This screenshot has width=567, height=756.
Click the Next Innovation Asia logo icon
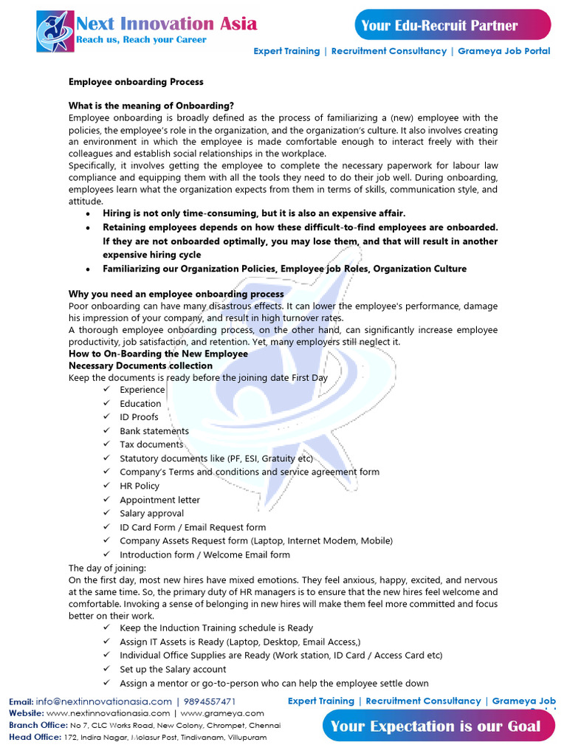pos(55,31)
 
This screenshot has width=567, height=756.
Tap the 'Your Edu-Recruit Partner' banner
pos(439,26)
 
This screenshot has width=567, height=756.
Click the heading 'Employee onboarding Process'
pos(136,81)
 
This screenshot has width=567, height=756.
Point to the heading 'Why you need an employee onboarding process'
pos(176,294)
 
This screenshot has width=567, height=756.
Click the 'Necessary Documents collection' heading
pos(140,365)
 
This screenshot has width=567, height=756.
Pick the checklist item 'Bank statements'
pos(154,431)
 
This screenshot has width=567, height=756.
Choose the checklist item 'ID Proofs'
pos(139,417)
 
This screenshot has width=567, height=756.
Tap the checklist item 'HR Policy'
pos(140,486)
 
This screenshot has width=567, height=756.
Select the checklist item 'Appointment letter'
pos(159,500)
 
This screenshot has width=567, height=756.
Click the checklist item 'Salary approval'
pos(152,513)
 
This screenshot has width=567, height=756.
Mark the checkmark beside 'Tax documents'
pos(107,444)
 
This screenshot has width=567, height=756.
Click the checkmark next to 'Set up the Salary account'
pos(107,669)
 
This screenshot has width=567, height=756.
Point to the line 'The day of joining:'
pos(108,568)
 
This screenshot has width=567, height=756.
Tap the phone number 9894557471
pos(210,701)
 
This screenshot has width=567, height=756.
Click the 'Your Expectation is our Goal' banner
pos(436,726)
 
